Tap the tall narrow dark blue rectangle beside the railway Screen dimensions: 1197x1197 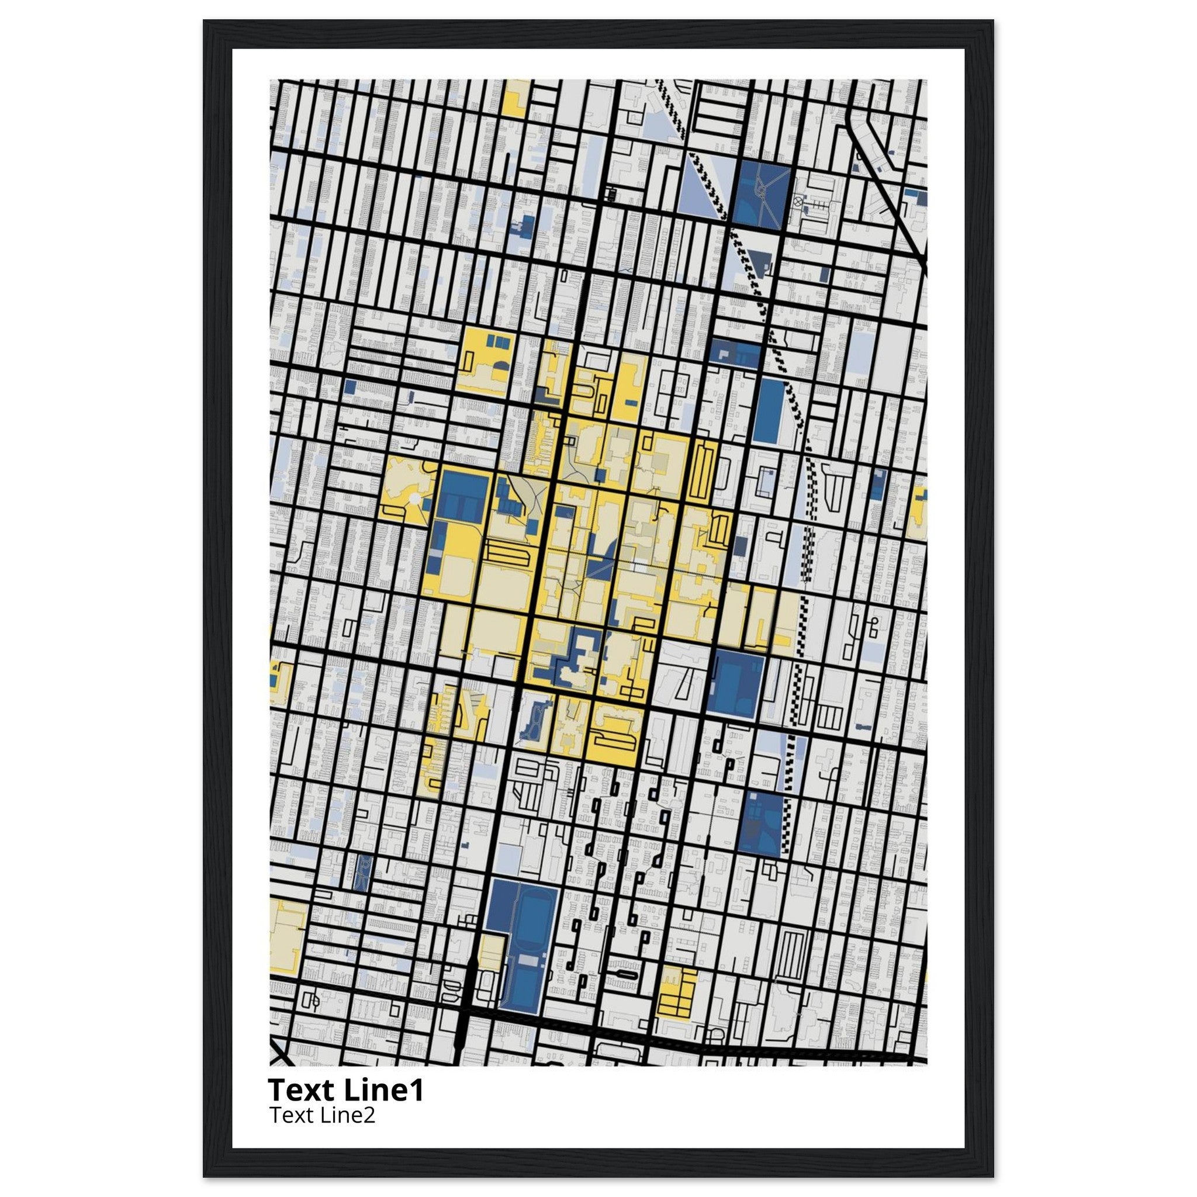click(770, 410)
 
